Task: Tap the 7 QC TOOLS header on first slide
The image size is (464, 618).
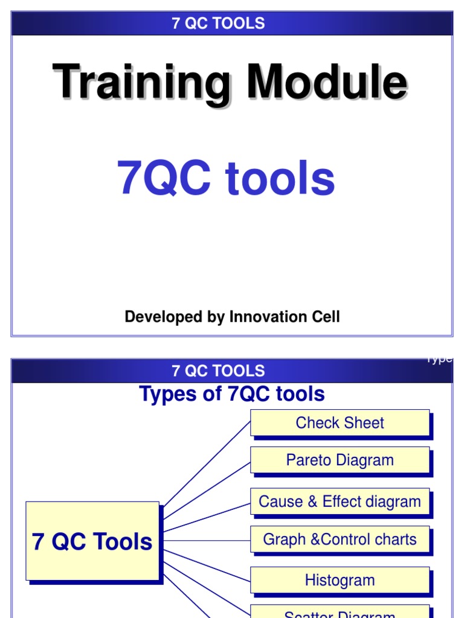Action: click(218, 24)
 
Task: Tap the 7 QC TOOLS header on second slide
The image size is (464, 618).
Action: click(218, 371)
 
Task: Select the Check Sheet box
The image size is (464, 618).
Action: click(340, 423)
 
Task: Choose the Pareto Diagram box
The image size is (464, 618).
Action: click(340, 460)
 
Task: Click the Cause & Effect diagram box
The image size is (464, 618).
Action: click(340, 502)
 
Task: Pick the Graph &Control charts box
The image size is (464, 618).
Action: click(340, 539)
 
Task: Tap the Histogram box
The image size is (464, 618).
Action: click(340, 581)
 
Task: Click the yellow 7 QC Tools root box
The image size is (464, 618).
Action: click(92, 541)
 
